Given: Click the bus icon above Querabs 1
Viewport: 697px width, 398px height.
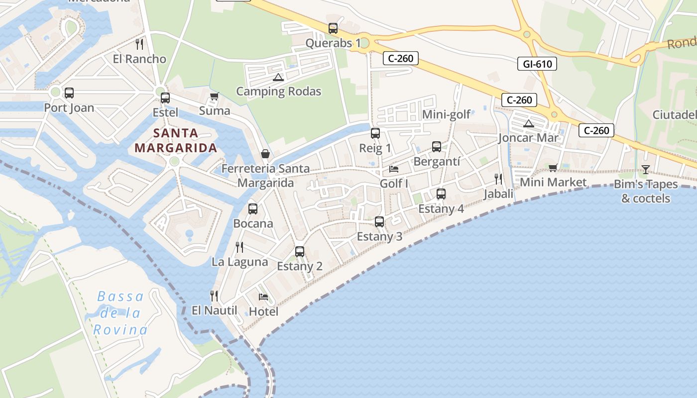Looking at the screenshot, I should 333,28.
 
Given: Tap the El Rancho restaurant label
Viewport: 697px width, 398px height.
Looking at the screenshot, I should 139,59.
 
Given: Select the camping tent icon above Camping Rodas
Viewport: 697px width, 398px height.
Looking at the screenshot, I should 278,77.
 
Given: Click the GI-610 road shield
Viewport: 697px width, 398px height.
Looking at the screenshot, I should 537,64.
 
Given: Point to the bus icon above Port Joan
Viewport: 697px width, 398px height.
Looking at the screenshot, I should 69,93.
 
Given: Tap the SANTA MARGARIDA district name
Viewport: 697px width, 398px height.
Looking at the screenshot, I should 176,140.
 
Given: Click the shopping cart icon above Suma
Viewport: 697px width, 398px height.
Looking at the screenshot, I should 214,96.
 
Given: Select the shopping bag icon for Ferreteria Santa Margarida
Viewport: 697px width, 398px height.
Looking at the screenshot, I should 265,154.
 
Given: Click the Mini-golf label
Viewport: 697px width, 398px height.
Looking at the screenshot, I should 446,114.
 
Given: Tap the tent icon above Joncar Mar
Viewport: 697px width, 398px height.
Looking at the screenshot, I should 529,123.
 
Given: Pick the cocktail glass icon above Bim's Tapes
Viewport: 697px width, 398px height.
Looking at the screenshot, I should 645,170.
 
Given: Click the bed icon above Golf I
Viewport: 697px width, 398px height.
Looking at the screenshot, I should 394,169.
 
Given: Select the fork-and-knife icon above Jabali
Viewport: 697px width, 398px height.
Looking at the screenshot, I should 498,179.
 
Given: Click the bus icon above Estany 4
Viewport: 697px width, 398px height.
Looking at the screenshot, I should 441,194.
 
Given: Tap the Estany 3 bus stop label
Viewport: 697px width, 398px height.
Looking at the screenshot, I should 379,236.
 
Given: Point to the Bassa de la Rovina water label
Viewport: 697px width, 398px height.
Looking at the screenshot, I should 120,313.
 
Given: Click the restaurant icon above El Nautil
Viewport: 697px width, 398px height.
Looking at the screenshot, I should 214,296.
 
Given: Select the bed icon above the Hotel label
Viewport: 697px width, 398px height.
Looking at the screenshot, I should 263,297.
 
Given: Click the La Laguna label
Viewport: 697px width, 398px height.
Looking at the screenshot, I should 239,262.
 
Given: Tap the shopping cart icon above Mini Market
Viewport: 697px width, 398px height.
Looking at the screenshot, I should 553,168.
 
